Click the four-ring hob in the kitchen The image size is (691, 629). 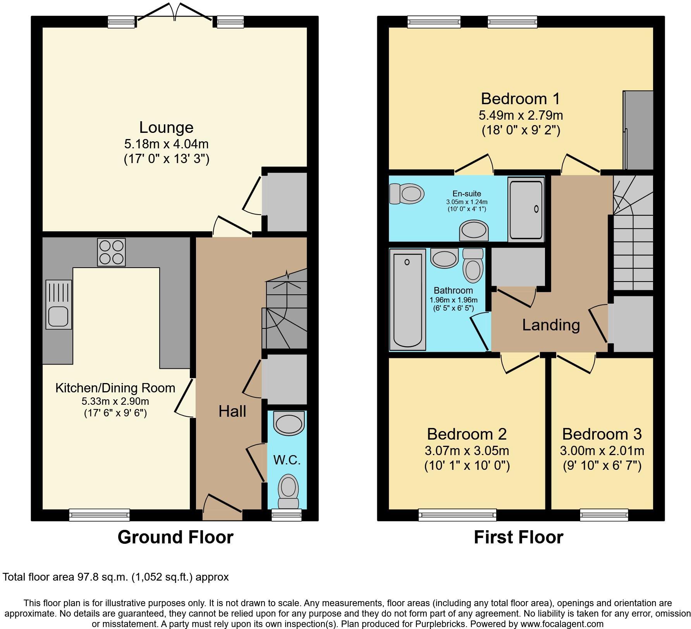pos(112,252)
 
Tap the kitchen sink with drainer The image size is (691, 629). pos(58,304)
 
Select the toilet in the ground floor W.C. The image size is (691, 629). pos(288,490)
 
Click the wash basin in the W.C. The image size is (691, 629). pos(289,423)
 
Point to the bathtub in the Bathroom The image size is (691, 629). pos(407,300)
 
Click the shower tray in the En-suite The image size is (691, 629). pos(526,209)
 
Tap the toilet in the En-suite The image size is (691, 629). pos(406,193)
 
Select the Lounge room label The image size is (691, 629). pos(166,127)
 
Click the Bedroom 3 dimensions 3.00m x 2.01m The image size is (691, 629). pos(602,450)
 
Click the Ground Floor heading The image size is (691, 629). pos(175,537)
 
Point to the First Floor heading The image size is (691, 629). pos(518,537)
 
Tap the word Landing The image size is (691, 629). pos(551,325)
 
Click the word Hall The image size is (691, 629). pos(232,411)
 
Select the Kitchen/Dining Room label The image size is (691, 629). pos(115,388)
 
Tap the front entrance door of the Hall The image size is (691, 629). pos(222,509)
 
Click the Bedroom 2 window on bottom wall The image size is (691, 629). pos(457,515)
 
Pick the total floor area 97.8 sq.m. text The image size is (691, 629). pos(116,577)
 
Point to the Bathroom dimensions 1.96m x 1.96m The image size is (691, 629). pos(453,300)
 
